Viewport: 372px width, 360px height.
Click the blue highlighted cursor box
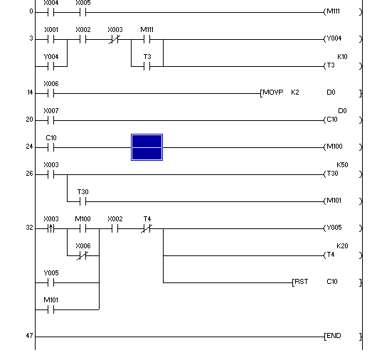pyautogui.click(x=147, y=147)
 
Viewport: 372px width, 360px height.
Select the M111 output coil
pyautogui.click(x=343, y=11)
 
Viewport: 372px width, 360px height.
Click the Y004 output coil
pyautogui.click(x=343, y=38)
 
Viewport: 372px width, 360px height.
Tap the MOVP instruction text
pyautogui.click(x=273, y=92)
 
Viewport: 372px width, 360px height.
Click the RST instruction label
pyautogui.click(x=302, y=282)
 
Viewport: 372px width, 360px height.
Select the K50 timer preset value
pyautogui.click(x=342, y=165)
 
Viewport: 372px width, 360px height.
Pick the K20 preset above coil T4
pyautogui.click(x=342, y=246)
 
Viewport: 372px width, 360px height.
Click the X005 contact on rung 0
pyautogui.click(x=83, y=12)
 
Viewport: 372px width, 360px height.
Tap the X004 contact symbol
pyautogui.click(x=51, y=12)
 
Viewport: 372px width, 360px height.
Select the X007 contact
pyautogui.click(x=51, y=120)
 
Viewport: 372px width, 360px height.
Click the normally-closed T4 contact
pyautogui.click(x=147, y=229)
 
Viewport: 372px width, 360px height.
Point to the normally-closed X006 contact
pyautogui.click(x=83, y=256)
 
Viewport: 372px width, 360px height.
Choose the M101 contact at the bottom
pyautogui.click(x=51, y=309)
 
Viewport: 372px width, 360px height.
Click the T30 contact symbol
pyautogui.click(x=83, y=202)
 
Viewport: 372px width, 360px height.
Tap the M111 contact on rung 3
pyautogui.click(x=147, y=39)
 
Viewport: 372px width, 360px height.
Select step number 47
pyautogui.click(x=29, y=336)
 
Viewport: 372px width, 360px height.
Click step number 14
pyautogui.click(x=30, y=92)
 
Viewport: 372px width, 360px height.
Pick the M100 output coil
pyautogui.click(x=343, y=147)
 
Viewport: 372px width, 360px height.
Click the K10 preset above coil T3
pyautogui.click(x=342, y=57)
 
